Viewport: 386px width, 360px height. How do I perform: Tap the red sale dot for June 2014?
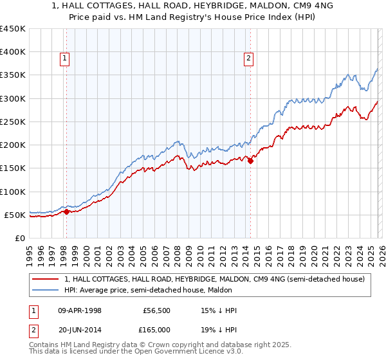click(x=250, y=161)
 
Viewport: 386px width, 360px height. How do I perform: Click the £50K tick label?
click(x=15, y=215)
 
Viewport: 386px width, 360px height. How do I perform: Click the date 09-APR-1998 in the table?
click(x=80, y=310)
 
